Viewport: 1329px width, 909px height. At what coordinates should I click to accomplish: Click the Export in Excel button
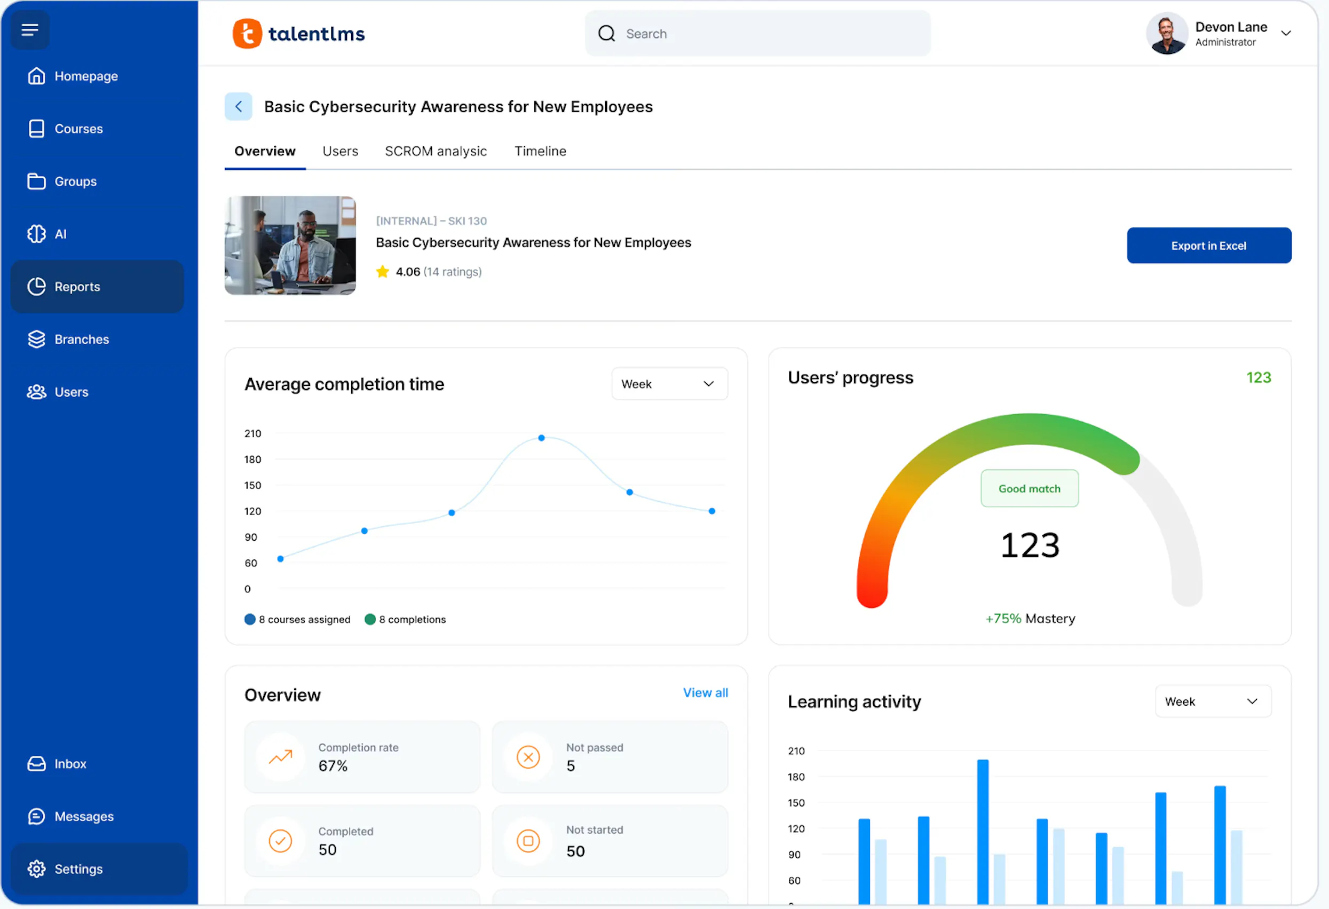click(x=1208, y=246)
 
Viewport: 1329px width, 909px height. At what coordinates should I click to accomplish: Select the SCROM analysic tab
click(x=436, y=151)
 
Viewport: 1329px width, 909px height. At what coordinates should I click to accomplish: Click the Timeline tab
click(x=540, y=151)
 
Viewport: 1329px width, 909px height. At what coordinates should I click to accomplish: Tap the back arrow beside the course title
click(x=239, y=106)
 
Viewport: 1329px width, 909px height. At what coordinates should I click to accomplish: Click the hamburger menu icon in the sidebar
click(x=30, y=30)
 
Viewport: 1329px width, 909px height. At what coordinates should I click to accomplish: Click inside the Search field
click(x=766, y=34)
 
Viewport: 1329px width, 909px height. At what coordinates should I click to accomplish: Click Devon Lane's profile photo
click(x=1167, y=34)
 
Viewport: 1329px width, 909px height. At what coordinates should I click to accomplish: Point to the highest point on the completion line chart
click(x=541, y=438)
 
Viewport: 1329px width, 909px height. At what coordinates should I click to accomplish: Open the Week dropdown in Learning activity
click(x=1212, y=701)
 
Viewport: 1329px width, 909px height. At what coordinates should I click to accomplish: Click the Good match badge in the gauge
click(x=1030, y=488)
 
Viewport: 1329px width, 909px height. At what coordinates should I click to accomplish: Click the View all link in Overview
click(x=705, y=693)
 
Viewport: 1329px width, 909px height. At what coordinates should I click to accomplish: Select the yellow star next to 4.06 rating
click(x=383, y=272)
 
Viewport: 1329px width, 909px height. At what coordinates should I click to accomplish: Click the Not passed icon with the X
click(x=528, y=757)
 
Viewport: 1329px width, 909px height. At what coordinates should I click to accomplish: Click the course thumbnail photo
click(x=290, y=246)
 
